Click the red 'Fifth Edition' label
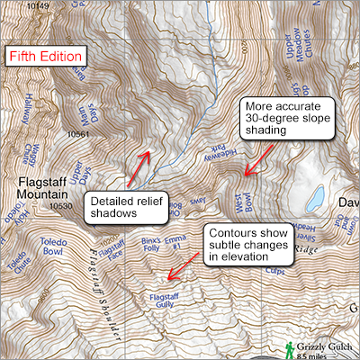pyautogui.click(x=46, y=55)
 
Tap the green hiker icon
pyautogui.click(x=288, y=346)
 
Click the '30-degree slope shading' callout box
pyautogui.click(x=291, y=120)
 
